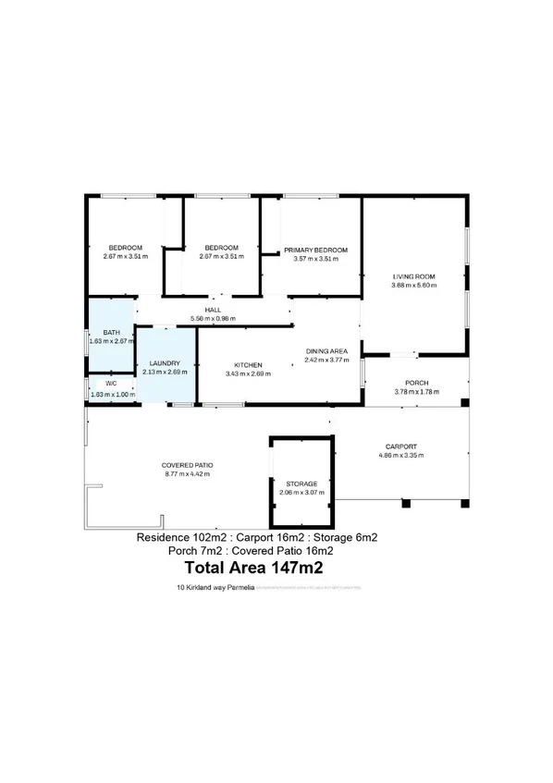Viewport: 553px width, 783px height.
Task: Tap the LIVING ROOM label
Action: point(413,276)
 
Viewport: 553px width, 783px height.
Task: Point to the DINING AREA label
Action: point(326,351)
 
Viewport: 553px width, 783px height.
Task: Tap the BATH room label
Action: point(111,333)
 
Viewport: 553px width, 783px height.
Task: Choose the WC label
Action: point(111,383)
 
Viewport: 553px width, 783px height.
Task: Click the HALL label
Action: point(212,311)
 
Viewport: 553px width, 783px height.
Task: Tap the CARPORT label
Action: point(400,445)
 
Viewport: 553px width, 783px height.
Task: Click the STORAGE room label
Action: point(301,483)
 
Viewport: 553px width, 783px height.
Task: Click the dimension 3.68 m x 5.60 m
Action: point(413,285)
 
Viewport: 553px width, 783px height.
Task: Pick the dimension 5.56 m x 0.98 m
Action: point(212,319)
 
